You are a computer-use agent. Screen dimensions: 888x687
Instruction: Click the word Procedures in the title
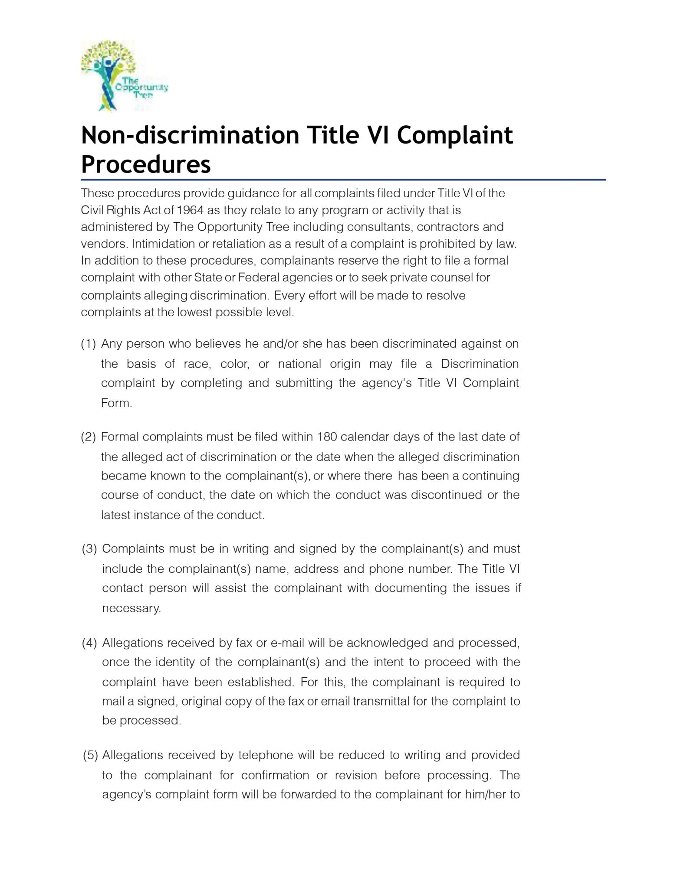[x=146, y=164]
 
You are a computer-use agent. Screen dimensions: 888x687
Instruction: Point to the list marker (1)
[x=88, y=344]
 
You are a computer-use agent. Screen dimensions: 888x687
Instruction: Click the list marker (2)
[x=88, y=437]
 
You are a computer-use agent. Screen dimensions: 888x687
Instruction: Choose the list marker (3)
[x=89, y=549]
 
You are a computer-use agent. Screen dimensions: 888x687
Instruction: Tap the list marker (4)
[x=89, y=643]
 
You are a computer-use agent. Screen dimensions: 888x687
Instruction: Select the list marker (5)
[x=90, y=755]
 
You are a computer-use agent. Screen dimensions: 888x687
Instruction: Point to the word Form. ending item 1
[x=116, y=403]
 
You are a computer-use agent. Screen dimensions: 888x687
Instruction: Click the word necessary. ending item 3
[x=131, y=608]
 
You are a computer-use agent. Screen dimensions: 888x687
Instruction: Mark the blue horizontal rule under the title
[x=343, y=180]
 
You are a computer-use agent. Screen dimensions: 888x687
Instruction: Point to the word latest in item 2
[x=116, y=515]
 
